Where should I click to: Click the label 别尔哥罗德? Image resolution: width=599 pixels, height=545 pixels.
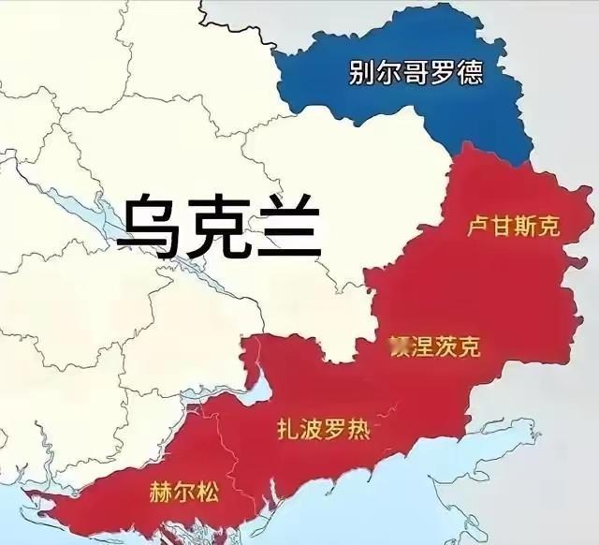point(416,73)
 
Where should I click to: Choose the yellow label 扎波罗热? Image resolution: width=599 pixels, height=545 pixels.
point(324,430)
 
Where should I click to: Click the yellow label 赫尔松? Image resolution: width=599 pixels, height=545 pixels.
point(183,492)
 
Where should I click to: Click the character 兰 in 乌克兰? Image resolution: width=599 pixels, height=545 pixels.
point(289,226)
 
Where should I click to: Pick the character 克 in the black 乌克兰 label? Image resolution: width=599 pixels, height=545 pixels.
point(220,226)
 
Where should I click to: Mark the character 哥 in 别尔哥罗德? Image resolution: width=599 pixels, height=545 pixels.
point(416,73)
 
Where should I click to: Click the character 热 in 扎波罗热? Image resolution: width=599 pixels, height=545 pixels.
point(358,430)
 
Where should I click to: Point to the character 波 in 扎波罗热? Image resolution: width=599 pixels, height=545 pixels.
point(312,430)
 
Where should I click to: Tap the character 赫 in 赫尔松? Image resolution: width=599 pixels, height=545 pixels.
point(160,492)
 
